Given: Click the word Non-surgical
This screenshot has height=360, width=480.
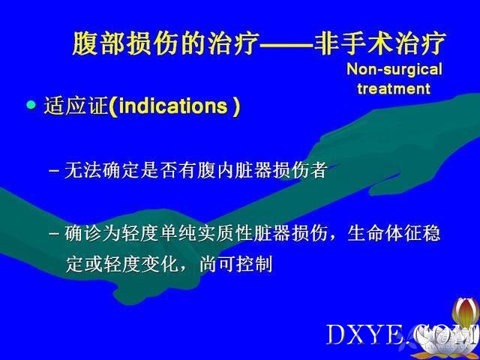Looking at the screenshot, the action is pyautogui.click(x=394, y=69).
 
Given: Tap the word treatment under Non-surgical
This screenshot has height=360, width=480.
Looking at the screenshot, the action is pyautogui.click(x=394, y=88).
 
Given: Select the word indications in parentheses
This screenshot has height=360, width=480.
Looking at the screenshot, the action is pyautogui.click(x=173, y=106).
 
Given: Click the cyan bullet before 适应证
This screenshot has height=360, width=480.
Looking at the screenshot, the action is pyautogui.click(x=31, y=105).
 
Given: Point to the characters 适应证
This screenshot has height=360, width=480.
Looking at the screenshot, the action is pyautogui.click(x=76, y=106).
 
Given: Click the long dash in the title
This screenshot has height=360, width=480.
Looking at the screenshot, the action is pyautogui.click(x=286, y=45).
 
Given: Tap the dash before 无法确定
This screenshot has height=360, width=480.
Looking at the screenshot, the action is pyautogui.click(x=54, y=171).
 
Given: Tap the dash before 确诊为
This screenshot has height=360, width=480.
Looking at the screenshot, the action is pyautogui.click(x=54, y=234).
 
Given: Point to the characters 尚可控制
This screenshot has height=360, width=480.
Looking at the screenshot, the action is pyautogui.click(x=235, y=264).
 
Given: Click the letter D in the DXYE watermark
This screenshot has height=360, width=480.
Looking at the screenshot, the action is pyautogui.click(x=337, y=334).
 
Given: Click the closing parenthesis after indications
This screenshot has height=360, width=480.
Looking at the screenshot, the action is pyautogui.click(x=235, y=106).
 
